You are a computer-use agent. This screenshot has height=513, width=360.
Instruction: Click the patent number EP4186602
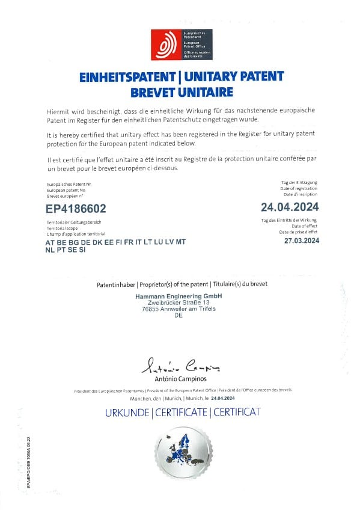click(76, 209)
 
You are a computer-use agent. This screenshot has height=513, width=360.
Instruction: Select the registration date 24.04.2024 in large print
click(290, 207)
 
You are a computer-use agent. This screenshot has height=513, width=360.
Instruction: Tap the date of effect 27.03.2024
click(302, 241)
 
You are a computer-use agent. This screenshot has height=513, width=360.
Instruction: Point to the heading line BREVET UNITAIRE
click(181, 93)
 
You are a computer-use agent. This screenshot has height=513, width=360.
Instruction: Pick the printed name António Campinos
click(180, 379)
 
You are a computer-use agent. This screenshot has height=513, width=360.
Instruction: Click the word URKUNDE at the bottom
click(127, 413)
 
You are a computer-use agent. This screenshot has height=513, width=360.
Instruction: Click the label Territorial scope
click(63, 228)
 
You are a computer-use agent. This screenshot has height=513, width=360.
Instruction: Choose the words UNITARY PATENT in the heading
click(237, 78)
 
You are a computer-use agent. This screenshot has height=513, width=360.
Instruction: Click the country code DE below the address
click(178, 316)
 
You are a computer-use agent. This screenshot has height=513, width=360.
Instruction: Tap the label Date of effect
click(304, 227)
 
